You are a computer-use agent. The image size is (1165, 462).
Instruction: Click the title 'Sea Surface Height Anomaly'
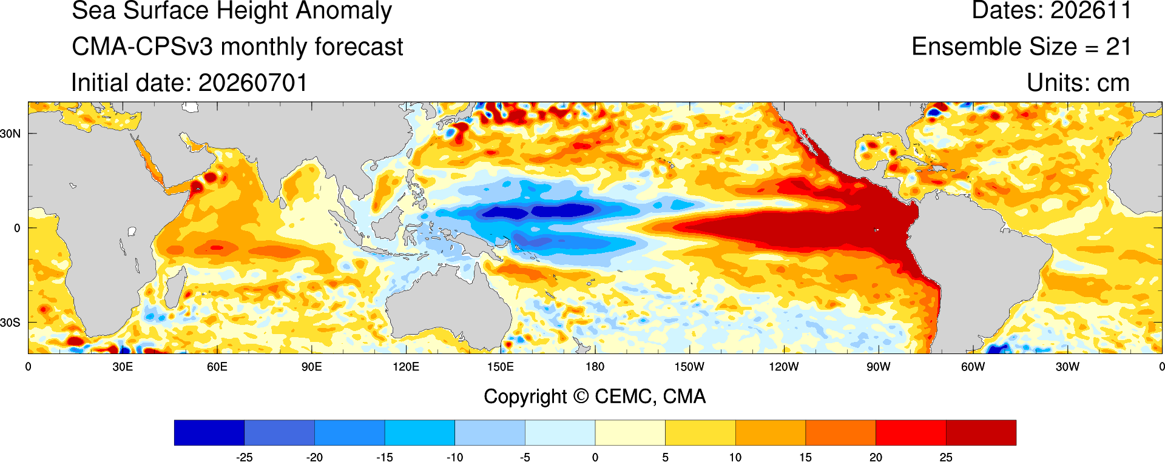(232, 12)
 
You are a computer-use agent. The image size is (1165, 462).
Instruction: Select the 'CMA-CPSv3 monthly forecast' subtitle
(237, 47)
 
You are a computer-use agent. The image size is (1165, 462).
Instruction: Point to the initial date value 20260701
(253, 82)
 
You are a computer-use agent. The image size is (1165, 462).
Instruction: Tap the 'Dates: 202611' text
(1052, 10)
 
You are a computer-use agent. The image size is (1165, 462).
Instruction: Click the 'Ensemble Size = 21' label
(1021, 47)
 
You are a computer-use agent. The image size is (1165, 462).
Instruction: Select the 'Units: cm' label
(1078, 82)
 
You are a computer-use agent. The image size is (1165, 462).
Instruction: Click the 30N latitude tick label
(10, 133)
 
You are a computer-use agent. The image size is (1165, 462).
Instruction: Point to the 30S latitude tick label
(10, 323)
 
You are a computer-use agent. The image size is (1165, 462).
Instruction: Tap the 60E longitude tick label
(217, 367)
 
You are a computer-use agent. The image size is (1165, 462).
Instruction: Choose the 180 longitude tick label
(595, 367)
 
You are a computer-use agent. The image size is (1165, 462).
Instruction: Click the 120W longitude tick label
(784, 367)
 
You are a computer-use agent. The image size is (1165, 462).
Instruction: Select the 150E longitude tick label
(501, 367)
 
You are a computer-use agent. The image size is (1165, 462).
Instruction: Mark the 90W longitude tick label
(879, 367)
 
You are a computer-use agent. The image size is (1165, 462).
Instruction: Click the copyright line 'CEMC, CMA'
(650, 397)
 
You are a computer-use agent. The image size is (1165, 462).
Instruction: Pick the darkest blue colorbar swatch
(209, 433)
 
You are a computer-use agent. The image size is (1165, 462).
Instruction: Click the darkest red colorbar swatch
(981, 433)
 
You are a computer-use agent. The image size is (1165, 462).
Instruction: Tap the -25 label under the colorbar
(245, 458)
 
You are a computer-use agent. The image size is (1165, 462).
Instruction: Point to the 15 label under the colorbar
(805, 458)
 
